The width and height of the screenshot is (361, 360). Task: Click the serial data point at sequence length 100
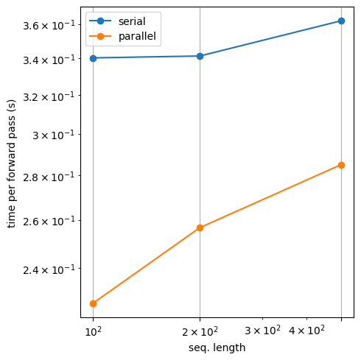coord(93,58)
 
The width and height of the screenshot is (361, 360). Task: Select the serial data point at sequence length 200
coord(200,56)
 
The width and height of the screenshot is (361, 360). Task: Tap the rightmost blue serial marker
coord(341,21)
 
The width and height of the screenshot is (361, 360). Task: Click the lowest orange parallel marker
coord(93,303)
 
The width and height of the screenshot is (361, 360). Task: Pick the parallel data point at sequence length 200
coord(200,228)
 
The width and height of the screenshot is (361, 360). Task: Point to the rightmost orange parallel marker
coord(341,165)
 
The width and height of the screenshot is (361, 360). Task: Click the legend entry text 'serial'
coord(131,21)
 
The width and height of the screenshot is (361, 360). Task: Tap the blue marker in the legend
coord(101,21)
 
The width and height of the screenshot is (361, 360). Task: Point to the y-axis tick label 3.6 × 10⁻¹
coord(49,26)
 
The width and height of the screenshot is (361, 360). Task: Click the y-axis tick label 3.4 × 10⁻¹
coord(49,59)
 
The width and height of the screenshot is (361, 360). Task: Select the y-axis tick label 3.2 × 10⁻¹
coord(49,96)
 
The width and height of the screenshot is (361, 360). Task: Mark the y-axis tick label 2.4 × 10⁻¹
coord(49,269)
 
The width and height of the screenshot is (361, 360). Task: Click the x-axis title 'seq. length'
coord(217,347)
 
